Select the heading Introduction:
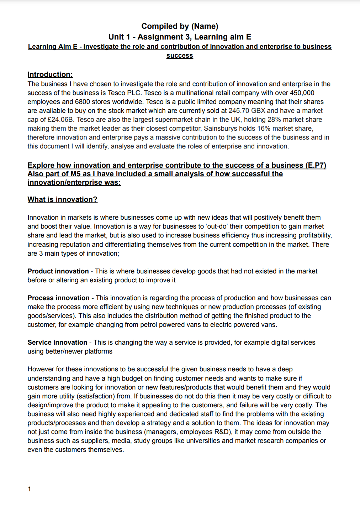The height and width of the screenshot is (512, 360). tap(50, 74)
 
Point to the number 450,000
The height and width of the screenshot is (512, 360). tap(302, 93)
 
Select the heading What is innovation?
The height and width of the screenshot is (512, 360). tap(62, 199)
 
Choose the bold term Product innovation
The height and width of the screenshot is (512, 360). tap(58, 271)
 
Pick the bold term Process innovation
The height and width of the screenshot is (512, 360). tap(58, 298)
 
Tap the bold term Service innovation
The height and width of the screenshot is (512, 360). tap(57, 343)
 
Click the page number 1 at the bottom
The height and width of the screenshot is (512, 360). tap(29, 489)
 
